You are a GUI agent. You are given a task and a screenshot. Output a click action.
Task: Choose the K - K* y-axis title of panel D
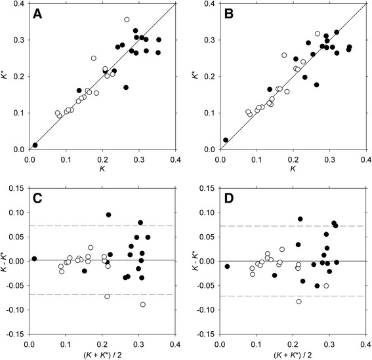tap(194, 261)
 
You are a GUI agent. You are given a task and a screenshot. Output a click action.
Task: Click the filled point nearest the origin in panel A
tap(35, 145)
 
